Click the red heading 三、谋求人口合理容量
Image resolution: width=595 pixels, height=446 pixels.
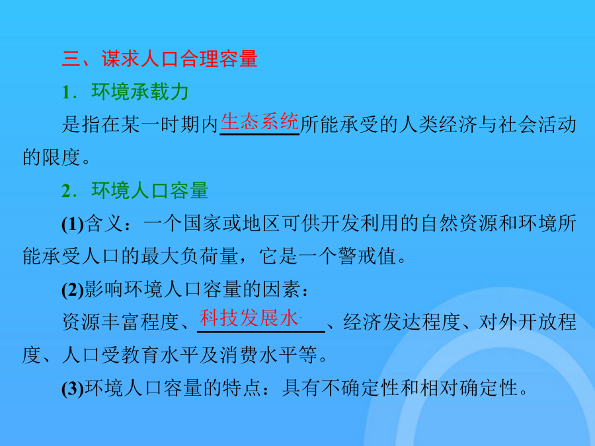(160, 59)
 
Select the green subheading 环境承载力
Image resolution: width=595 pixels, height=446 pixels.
(140, 92)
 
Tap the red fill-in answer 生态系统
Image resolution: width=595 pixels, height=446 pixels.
(260, 122)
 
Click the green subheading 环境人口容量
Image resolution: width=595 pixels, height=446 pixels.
(150, 190)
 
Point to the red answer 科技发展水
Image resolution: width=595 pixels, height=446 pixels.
(249, 318)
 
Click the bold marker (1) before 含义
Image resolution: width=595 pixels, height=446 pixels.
(73, 224)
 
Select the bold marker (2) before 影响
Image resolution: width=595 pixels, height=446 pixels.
(73, 290)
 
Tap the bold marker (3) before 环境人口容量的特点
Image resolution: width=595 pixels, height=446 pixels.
(73, 389)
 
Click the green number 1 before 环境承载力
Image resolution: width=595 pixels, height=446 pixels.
(67, 92)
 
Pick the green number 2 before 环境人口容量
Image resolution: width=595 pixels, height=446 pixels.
(67, 191)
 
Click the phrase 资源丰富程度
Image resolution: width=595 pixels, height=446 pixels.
(121, 322)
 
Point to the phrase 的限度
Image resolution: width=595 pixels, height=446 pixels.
(52, 157)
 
